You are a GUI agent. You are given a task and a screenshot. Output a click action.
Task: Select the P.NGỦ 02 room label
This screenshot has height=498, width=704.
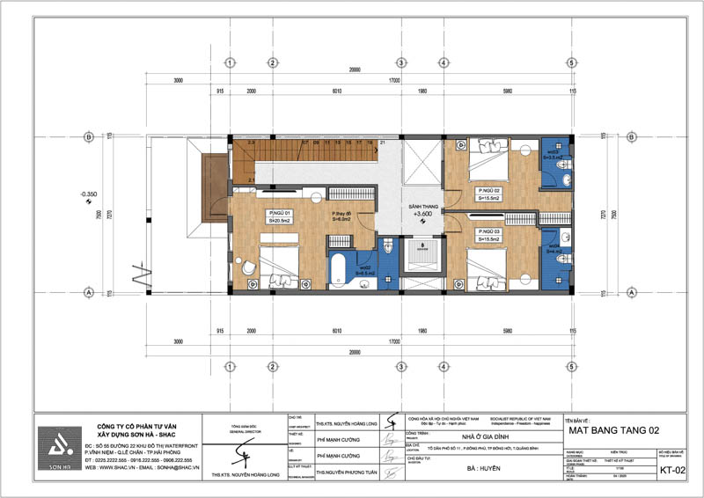click(x=490, y=191)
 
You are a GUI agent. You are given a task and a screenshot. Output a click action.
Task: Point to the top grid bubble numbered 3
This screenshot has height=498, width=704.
click(x=400, y=63)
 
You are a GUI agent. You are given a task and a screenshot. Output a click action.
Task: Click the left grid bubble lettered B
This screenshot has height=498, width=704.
click(x=88, y=136)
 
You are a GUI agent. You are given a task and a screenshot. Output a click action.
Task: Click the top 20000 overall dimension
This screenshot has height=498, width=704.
click(x=356, y=70)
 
